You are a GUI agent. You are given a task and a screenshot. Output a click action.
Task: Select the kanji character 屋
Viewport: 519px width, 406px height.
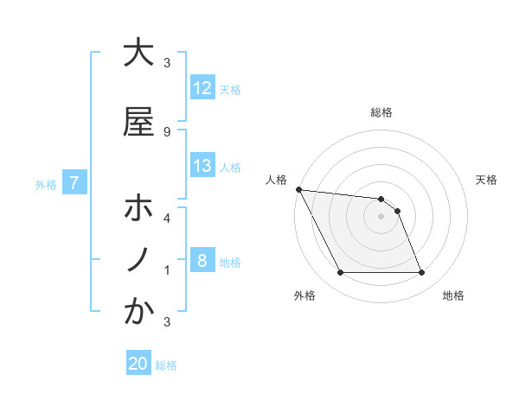(138, 122)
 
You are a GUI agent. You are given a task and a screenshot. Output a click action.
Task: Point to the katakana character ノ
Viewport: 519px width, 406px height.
(138, 260)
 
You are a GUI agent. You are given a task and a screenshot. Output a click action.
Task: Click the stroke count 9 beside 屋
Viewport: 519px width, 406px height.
(167, 132)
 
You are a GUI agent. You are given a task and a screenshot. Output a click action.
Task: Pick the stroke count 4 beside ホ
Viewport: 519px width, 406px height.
(167, 218)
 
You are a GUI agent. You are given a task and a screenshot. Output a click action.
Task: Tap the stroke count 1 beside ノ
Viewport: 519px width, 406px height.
(167, 270)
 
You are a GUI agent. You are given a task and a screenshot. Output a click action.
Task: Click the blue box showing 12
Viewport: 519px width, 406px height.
(202, 88)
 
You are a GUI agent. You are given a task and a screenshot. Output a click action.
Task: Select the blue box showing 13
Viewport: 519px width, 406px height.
(202, 166)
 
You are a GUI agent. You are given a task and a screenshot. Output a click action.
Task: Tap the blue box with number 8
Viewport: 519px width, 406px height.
(202, 261)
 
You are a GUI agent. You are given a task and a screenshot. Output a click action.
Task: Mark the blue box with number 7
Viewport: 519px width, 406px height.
(75, 183)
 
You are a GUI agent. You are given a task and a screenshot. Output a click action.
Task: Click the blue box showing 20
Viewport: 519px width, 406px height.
(138, 364)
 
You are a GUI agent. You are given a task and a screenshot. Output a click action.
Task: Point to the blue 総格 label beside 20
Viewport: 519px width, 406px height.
(166, 365)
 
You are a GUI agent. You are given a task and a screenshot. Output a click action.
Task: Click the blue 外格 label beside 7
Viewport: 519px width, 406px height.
(46, 184)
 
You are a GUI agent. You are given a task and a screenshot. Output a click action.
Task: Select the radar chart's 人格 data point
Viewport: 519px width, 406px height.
(298, 189)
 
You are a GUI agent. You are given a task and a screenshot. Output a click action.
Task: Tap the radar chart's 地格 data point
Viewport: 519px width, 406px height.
(421, 273)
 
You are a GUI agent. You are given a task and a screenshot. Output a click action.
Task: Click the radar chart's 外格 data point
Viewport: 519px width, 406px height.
(340, 273)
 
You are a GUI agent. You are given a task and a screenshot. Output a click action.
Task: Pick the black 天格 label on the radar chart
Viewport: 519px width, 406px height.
(486, 180)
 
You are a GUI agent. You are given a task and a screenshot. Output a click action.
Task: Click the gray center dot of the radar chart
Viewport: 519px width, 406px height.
(381, 216)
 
